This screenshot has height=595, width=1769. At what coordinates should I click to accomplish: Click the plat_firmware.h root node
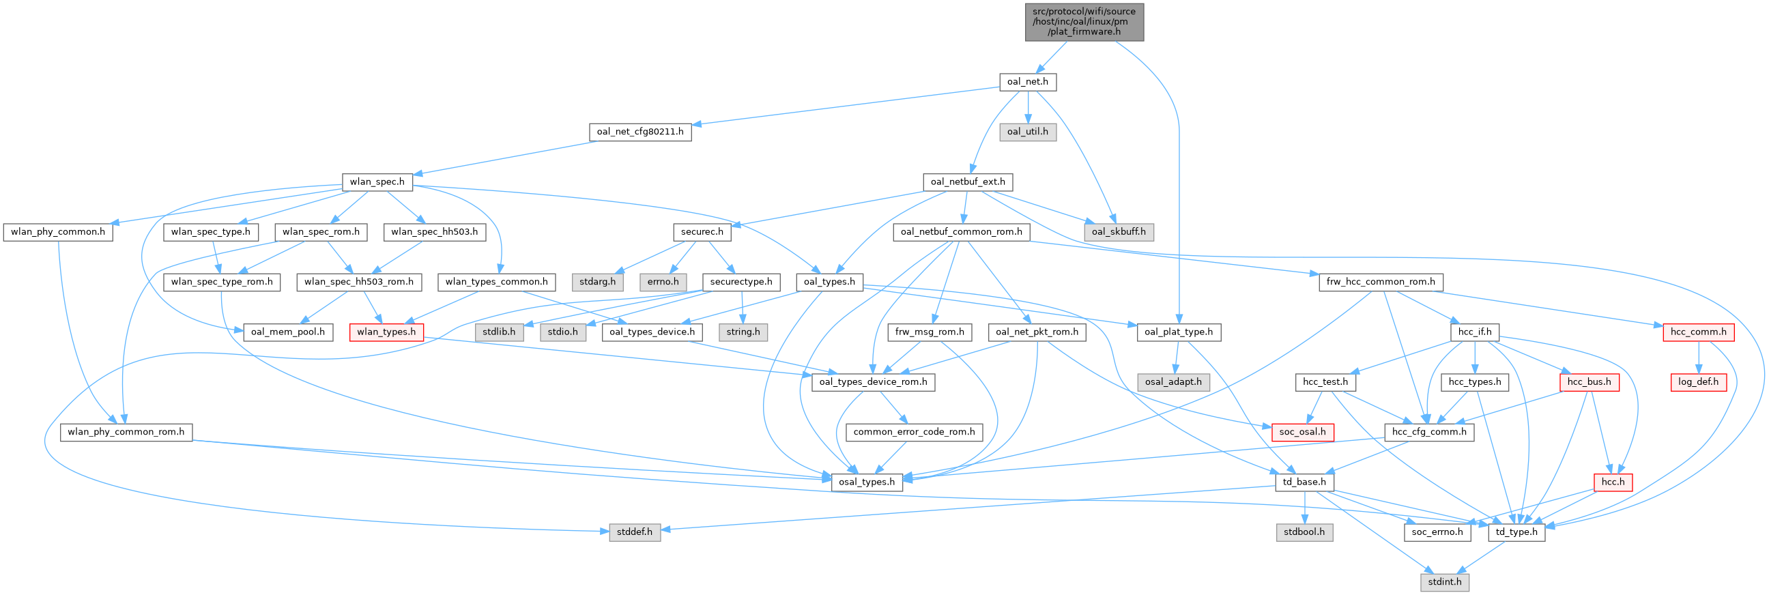pyautogui.click(x=1084, y=21)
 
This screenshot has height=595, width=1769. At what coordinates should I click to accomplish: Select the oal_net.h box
pyautogui.click(x=1027, y=82)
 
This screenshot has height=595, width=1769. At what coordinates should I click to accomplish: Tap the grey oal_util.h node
pyautogui.click(x=1027, y=131)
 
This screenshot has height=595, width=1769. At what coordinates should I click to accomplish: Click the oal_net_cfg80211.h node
pyautogui.click(x=640, y=131)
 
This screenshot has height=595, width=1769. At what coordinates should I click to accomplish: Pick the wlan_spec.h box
pyautogui.click(x=377, y=182)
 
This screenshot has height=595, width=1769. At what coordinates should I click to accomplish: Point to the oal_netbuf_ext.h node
pyautogui.click(x=967, y=182)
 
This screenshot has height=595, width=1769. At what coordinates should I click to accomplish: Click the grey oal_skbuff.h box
pyautogui.click(x=1119, y=231)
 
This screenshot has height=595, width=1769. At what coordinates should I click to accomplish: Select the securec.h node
pyautogui.click(x=702, y=231)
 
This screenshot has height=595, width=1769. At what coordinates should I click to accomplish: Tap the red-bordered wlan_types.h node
pyautogui.click(x=386, y=332)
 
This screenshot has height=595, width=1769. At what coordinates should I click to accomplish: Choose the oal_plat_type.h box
pyautogui.click(x=1179, y=332)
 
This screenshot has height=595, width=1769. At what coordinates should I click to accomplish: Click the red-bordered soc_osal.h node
pyautogui.click(x=1303, y=432)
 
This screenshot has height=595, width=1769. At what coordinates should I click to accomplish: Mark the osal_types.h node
pyautogui.click(x=867, y=482)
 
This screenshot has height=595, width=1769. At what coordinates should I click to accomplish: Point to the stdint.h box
pyautogui.click(x=1445, y=581)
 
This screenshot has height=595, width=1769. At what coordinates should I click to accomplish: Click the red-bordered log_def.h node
pyautogui.click(x=1697, y=381)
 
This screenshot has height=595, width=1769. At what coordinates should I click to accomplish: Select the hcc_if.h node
pyautogui.click(x=1474, y=332)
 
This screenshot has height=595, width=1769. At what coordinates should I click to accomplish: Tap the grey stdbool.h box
pyautogui.click(x=1304, y=532)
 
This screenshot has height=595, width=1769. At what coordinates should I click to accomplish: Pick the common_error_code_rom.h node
pyautogui.click(x=913, y=432)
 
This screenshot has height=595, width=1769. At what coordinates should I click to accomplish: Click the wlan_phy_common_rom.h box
pyautogui.click(x=126, y=432)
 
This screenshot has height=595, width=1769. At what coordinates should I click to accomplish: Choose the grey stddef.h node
pyautogui.click(x=635, y=532)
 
